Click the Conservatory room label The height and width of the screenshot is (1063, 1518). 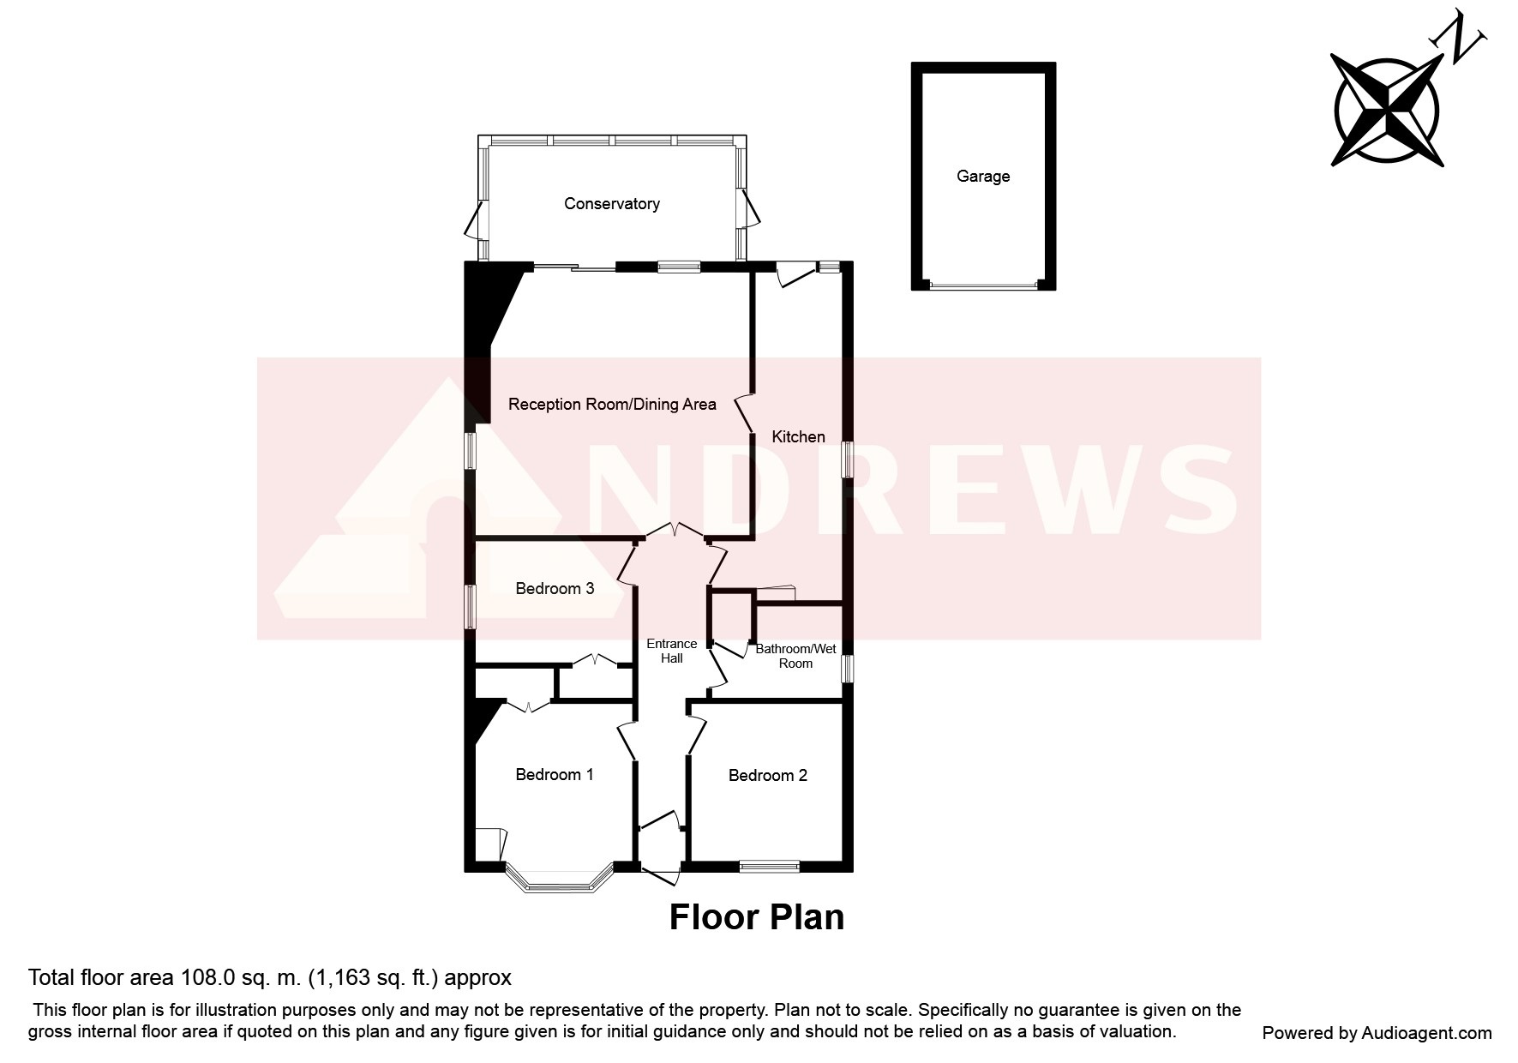611,204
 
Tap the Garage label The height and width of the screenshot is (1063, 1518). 983,177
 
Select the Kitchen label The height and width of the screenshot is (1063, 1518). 798,437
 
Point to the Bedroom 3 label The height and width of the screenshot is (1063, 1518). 555,589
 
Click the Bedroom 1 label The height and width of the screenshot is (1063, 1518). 555,775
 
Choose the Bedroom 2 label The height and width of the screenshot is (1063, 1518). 767,776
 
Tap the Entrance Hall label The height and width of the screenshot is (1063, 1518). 672,652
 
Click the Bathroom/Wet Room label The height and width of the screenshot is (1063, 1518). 795,657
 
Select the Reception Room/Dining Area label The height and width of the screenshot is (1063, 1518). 612,405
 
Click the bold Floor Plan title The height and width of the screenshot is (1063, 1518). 757,917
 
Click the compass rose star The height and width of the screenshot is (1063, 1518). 1386,110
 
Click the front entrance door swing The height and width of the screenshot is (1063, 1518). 661,875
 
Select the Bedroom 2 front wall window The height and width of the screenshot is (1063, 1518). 769,867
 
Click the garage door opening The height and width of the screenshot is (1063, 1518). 983,285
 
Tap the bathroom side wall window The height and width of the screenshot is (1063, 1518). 847,670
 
